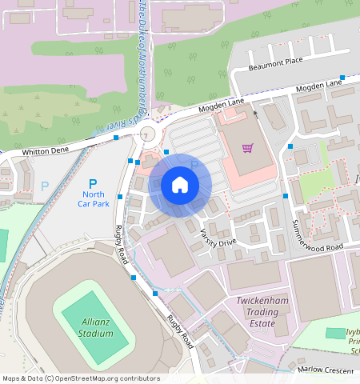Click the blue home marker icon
tap(180, 186)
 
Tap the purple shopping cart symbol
tap(248, 148)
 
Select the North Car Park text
tap(94, 198)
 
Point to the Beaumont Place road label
tap(276, 62)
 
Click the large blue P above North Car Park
tap(93, 183)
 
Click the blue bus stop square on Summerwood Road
tap(286, 195)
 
